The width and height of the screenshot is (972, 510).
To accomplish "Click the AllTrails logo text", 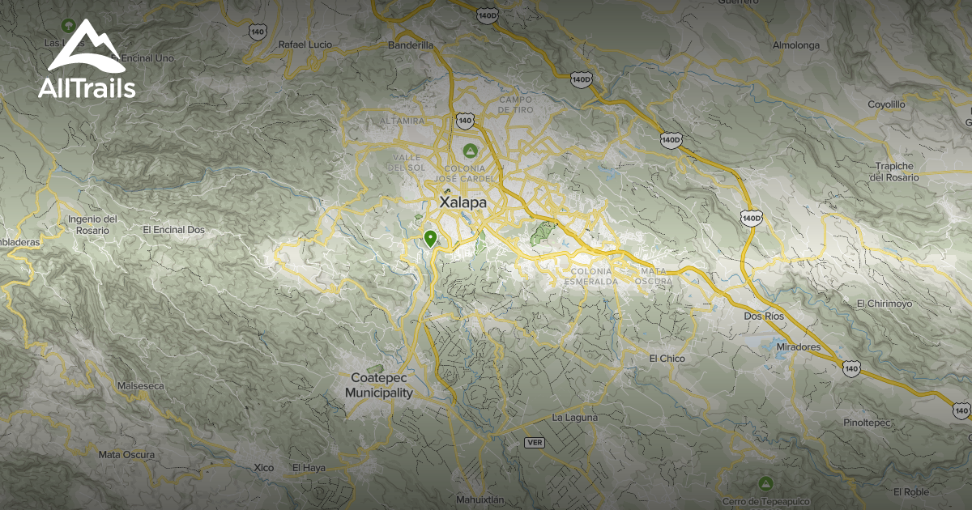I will click(x=87, y=87).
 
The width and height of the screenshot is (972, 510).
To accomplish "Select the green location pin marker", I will click(x=430, y=238).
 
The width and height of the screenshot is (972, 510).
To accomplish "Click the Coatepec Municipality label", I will click(x=379, y=385).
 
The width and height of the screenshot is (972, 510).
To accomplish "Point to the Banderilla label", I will click(x=411, y=45).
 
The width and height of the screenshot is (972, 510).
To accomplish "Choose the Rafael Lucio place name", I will click(x=305, y=45).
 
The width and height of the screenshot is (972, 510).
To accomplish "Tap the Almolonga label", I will click(x=796, y=45).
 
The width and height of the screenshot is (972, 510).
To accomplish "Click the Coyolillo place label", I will click(x=885, y=105).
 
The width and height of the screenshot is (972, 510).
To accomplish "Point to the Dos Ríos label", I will click(x=764, y=316).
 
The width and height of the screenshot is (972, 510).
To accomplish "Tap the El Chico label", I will click(x=667, y=359).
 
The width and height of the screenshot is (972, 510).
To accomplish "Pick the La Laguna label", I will click(x=574, y=418).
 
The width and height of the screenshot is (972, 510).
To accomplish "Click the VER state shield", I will click(x=534, y=442).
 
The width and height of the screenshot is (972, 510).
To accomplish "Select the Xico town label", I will click(x=263, y=468).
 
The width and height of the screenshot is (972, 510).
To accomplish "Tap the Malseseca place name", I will click(x=135, y=386).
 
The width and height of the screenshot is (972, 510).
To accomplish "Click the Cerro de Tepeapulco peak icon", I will click(x=765, y=483).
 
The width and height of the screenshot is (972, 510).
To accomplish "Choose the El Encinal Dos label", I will click(x=173, y=230).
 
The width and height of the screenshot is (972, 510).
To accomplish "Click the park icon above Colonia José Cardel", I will click(x=469, y=151).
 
